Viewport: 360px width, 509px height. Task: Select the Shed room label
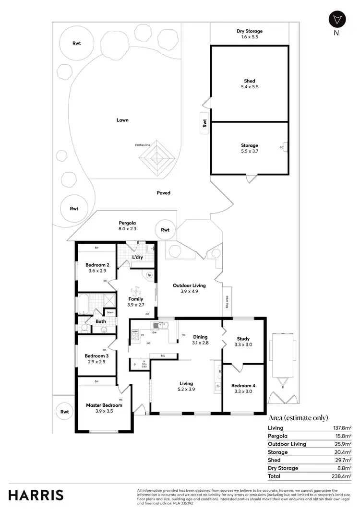coord(249,84)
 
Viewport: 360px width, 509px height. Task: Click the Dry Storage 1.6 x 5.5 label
coord(249,34)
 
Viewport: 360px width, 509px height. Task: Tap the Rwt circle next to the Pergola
coord(165,230)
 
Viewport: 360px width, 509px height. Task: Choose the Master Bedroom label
coord(104,408)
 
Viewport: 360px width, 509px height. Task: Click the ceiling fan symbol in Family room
coord(135,290)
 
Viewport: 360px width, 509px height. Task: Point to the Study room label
coord(243,342)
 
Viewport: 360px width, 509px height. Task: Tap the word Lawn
coord(122,120)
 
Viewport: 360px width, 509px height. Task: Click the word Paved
coord(163,193)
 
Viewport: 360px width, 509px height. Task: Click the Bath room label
coord(100,321)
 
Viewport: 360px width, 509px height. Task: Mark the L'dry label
coord(137,258)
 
